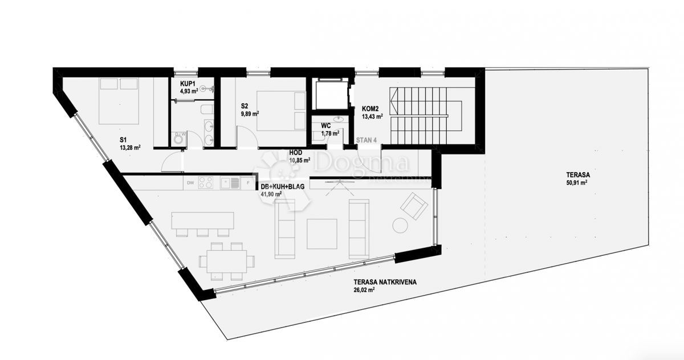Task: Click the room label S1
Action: coord(124,140)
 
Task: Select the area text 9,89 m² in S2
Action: coord(250,113)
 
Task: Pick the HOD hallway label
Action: coord(295,153)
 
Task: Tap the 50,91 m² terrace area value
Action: coord(577,183)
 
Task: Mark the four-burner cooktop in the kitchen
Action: coord(206,183)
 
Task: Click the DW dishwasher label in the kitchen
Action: coord(190,183)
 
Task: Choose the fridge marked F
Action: coord(247,183)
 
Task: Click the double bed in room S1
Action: coord(119,100)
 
